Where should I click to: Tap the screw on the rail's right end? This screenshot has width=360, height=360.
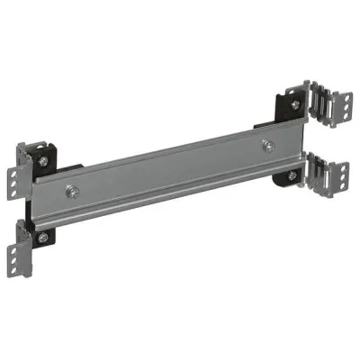(267, 144)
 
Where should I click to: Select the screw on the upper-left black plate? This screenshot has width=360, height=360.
(43, 162)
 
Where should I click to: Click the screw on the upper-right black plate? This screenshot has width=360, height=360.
(295, 104)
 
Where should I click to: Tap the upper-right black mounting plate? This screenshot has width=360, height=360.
(292, 105)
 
